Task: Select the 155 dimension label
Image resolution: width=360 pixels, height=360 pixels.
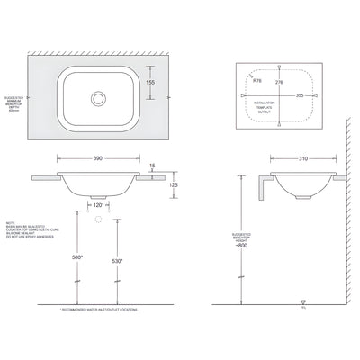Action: (150, 81)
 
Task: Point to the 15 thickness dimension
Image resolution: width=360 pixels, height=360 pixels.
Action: (153, 165)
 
